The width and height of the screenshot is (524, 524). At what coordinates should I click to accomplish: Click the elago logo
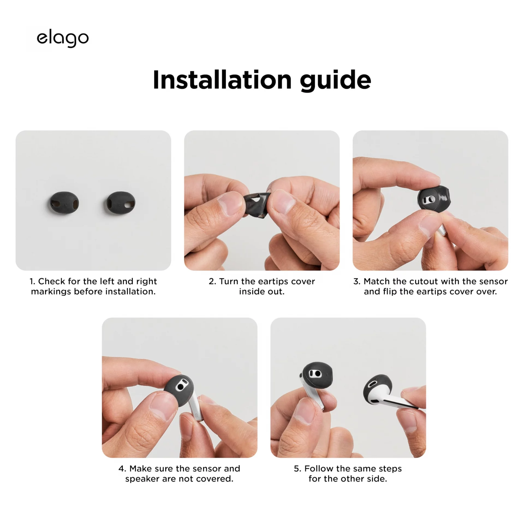[x=62, y=38]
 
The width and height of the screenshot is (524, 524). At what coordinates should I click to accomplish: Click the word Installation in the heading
[x=222, y=80]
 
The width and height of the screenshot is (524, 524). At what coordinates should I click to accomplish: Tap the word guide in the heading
[x=335, y=81]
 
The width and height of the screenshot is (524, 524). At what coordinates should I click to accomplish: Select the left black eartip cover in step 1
[x=64, y=203]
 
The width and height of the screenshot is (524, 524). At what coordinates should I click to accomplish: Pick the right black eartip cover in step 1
[x=121, y=203]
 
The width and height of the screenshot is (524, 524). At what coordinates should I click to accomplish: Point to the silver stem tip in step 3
[x=442, y=230]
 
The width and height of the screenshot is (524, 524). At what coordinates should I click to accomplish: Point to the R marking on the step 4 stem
[x=196, y=416]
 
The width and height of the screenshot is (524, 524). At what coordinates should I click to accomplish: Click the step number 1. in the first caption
[x=32, y=281]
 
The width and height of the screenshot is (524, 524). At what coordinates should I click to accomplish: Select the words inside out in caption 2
[x=262, y=291]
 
